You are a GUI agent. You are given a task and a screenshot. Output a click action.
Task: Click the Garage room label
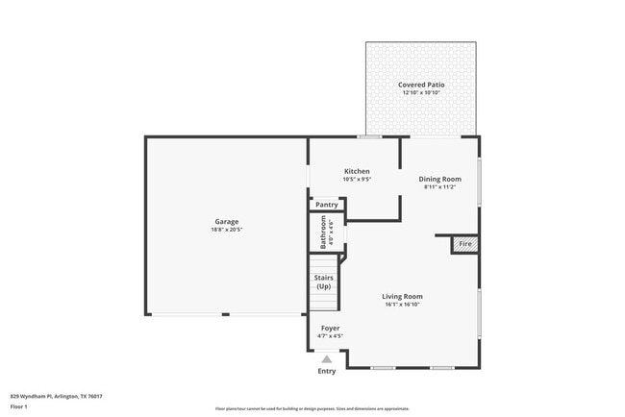(x=226, y=222)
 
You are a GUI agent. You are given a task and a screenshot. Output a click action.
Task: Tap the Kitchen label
(x=357, y=171)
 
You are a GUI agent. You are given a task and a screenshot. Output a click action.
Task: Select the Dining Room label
(x=439, y=179)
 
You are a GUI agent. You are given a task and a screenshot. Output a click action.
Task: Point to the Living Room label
(x=402, y=296)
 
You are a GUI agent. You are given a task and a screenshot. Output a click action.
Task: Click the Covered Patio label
(x=421, y=85)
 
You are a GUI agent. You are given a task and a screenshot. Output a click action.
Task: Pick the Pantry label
(x=327, y=205)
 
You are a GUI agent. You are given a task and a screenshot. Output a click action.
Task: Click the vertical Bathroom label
(x=323, y=232)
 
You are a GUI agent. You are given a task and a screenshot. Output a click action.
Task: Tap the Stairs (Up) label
(x=324, y=282)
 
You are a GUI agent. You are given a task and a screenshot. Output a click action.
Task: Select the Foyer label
(x=330, y=329)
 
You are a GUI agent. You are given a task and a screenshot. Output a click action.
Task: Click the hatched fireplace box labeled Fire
(x=465, y=245)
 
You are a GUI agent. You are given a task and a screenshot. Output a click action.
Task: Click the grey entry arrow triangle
(x=327, y=359)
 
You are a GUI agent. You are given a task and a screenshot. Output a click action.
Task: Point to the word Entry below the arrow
(x=327, y=371)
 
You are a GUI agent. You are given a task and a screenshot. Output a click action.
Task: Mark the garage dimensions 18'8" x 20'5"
(x=226, y=230)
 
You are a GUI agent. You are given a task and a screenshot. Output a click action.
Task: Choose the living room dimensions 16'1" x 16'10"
(x=402, y=305)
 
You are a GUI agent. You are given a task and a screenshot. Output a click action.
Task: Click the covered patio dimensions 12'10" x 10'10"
(x=421, y=93)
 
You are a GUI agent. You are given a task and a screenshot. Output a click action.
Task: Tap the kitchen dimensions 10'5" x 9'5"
(x=357, y=180)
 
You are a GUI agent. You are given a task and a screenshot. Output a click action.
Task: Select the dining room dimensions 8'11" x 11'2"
(x=439, y=186)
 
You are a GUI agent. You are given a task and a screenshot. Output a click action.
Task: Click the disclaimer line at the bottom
(x=312, y=408)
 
